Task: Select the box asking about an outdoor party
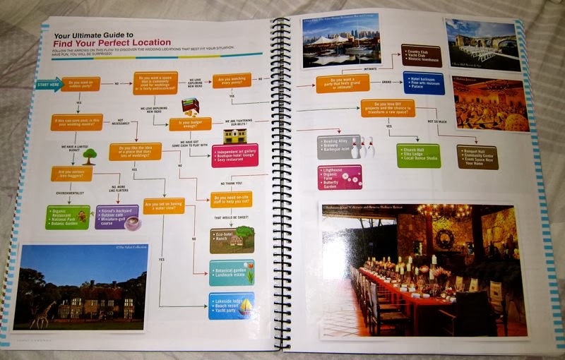pyautogui.click(x=81, y=85)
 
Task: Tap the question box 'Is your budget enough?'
pyautogui.click(x=190, y=124)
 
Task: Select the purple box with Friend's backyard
pyautogui.click(x=117, y=216)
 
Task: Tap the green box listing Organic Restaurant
pyautogui.click(x=67, y=217)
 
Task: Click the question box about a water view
pyautogui.click(x=164, y=206)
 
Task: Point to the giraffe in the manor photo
pyautogui.click(x=44, y=313)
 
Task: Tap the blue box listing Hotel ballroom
pyautogui.click(x=423, y=83)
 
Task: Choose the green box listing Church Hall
pyautogui.click(x=418, y=155)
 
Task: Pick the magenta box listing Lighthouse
pyautogui.click(x=339, y=176)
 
